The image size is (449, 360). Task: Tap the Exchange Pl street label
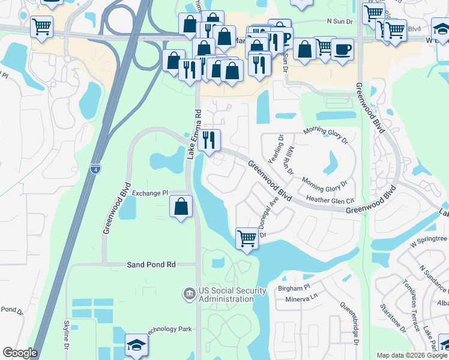(x=150, y=193)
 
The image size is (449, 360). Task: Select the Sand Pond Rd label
(x=151, y=264)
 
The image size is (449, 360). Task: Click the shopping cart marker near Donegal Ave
(x=247, y=238)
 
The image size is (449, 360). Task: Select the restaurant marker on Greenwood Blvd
(x=209, y=140)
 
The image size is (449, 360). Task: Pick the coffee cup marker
(x=343, y=49)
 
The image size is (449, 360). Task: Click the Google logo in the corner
(x=20, y=353)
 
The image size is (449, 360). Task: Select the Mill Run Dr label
(x=291, y=160)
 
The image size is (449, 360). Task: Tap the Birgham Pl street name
(x=293, y=288)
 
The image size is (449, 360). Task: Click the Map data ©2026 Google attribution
(x=412, y=355)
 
